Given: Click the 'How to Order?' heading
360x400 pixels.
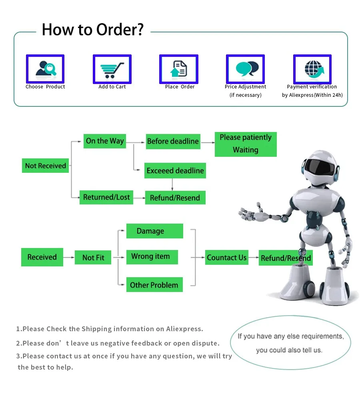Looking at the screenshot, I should point(92,30).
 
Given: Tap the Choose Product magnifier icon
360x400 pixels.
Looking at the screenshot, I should point(45,69).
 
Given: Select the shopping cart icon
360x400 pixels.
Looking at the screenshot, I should point(112,69).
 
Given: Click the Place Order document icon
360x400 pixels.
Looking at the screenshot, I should point(179,69).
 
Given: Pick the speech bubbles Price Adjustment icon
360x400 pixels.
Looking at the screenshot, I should point(245,69).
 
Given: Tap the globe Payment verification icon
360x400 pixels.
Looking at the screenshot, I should point(312,69).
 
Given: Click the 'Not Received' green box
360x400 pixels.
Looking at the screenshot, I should point(45,166).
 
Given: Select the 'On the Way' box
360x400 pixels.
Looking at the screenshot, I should point(105,141).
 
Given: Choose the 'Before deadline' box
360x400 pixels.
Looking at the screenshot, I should point(173,141).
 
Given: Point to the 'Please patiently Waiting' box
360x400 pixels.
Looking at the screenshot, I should point(246,144).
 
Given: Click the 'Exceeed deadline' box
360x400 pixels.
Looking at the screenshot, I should point(175,171).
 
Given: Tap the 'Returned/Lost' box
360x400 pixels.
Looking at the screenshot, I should point(106,197).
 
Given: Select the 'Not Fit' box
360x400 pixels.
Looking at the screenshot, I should point(93,258).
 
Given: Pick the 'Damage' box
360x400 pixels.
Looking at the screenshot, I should point(154,231).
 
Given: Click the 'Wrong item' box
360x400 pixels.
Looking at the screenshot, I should point(152,256).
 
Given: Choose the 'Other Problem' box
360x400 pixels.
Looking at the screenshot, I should point(154,285).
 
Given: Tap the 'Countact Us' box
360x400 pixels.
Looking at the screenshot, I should point(226,258).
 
